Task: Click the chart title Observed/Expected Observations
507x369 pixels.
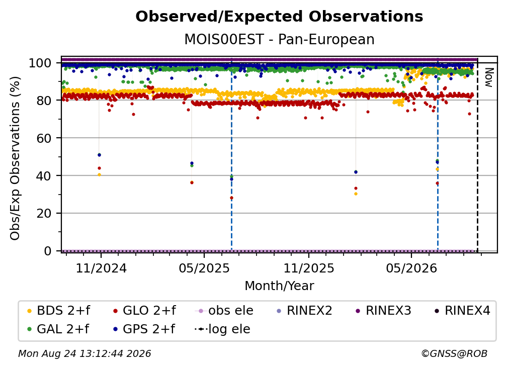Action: (x=279, y=17)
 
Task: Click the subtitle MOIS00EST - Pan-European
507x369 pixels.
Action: (x=279, y=40)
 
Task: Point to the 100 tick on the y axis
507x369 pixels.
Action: (x=44, y=63)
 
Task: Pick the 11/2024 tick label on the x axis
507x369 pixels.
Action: (x=101, y=268)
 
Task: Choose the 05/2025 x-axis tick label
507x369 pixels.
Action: (x=204, y=268)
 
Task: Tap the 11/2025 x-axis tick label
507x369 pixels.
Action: (x=309, y=268)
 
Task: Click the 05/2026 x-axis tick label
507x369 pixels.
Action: (x=411, y=268)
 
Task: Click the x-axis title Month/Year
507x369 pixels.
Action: (x=279, y=286)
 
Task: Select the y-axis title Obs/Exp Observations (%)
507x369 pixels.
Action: (x=15, y=158)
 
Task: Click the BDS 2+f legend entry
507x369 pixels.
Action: (x=58, y=311)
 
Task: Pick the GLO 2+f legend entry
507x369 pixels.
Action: (x=144, y=311)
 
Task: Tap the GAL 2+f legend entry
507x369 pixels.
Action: (x=58, y=329)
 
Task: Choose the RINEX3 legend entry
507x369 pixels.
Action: (x=383, y=311)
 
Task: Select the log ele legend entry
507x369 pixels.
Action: (x=222, y=329)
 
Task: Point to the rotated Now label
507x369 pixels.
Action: (x=488, y=77)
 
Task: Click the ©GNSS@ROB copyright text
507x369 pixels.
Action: (x=454, y=354)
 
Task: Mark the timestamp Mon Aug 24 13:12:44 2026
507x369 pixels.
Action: (x=84, y=354)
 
